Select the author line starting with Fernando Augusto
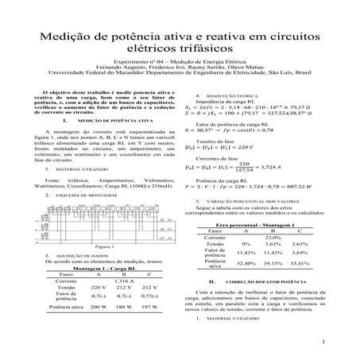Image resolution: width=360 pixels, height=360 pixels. point(180,76)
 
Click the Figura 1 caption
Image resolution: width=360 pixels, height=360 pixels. point(101,247)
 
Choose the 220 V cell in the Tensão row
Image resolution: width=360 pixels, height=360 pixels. point(99,288)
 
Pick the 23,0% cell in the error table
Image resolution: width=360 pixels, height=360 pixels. point(273,238)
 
